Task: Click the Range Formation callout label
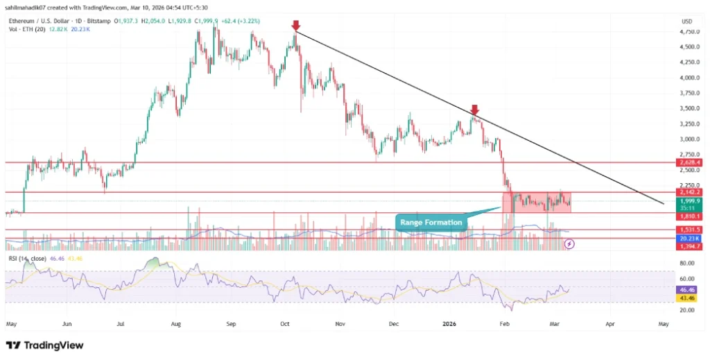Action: click(x=431, y=222)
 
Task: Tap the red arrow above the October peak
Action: click(x=296, y=26)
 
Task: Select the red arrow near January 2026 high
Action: click(x=474, y=110)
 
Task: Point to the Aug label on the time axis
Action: click(x=175, y=323)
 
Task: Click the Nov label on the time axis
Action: click(x=340, y=323)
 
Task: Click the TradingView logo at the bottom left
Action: click(x=44, y=345)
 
